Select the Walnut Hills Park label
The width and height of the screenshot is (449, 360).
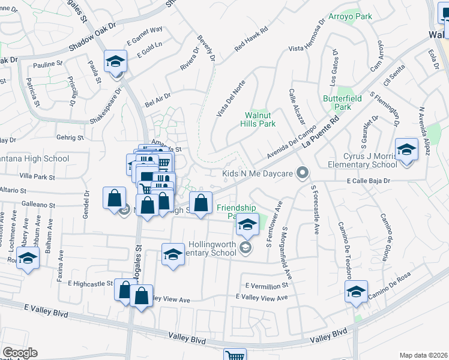point(260,119)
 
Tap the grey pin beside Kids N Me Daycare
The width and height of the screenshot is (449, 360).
point(303,173)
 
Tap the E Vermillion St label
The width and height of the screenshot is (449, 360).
point(267,286)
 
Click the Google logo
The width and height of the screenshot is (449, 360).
point(20,353)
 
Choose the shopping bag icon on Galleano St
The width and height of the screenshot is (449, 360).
point(114,197)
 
